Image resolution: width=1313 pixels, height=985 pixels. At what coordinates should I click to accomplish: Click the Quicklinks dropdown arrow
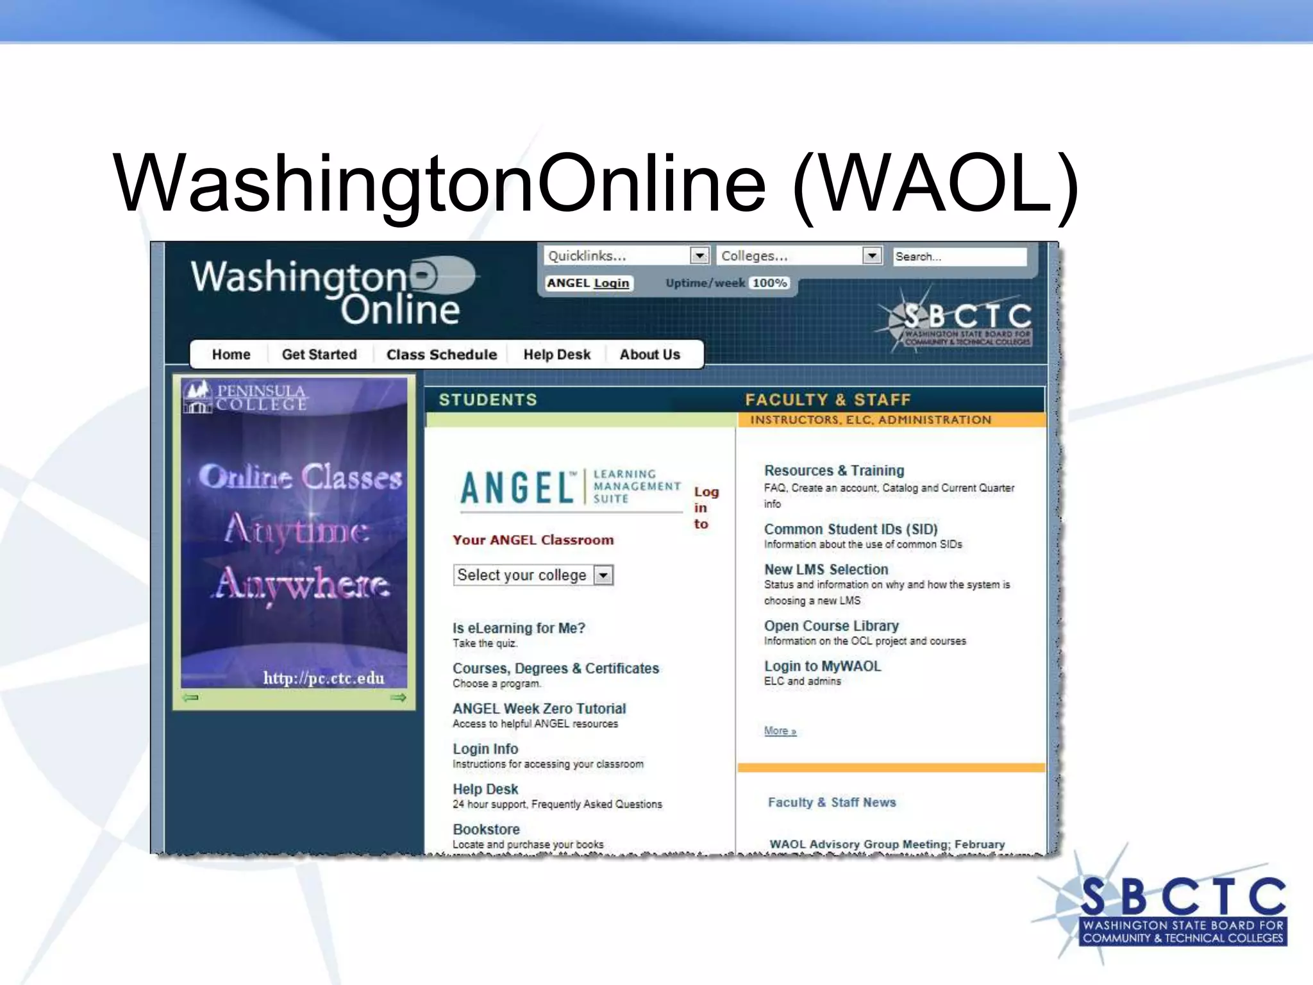[x=699, y=255]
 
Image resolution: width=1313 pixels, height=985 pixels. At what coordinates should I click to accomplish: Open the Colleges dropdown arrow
[x=871, y=255]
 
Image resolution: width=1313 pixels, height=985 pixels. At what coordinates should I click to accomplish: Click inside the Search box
[x=960, y=257]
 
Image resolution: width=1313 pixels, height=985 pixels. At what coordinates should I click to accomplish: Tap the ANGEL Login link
[x=588, y=283]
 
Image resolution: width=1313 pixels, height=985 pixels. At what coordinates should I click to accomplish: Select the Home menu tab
[x=231, y=355]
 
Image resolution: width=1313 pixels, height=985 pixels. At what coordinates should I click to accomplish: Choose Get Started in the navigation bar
[x=319, y=355]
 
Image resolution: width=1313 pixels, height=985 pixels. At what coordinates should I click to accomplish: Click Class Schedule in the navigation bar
[x=441, y=355]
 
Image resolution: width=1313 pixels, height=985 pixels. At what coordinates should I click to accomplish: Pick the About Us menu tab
[x=649, y=355]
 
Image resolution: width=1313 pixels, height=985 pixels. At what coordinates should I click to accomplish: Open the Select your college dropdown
[x=603, y=575]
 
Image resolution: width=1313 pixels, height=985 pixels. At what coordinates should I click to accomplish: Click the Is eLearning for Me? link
[x=519, y=628]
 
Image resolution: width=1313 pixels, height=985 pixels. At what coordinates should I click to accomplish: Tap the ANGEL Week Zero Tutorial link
[x=539, y=709]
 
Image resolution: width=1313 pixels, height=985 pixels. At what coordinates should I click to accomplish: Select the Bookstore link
[x=486, y=829]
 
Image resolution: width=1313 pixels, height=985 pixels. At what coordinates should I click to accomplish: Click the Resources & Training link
[x=833, y=471]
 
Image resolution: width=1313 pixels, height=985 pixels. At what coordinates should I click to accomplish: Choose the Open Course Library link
[x=831, y=626]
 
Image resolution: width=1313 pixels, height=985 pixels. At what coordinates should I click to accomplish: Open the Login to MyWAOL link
[x=822, y=666]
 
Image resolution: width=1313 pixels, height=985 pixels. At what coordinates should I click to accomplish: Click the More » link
[x=780, y=731]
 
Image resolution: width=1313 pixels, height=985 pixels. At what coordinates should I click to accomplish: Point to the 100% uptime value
[x=769, y=283]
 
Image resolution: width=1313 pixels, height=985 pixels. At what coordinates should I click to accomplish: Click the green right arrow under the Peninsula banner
[x=398, y=698]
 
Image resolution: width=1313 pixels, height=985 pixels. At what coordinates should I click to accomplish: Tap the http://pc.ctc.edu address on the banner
[x=324, y=678]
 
